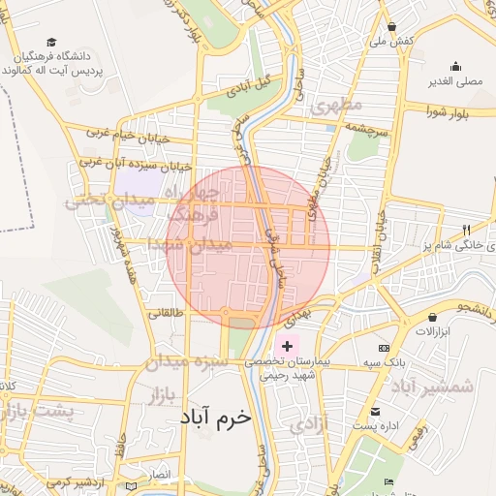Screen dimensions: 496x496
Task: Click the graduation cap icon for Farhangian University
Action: [x=50, y=43]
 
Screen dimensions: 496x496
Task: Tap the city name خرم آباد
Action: [x=215, y=417]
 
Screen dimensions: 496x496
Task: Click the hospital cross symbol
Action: [x=288, y=346]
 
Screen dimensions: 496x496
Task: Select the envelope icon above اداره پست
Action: [x=375, y=412]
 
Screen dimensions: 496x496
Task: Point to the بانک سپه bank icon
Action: [x=385, y=348]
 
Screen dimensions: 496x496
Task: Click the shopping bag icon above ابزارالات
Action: [x=431, y=317]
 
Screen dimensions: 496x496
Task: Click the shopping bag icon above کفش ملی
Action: [x=391, y=27]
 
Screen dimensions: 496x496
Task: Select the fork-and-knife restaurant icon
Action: [x=465, y=230]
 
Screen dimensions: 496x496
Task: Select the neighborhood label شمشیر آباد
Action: [x=433, y=387]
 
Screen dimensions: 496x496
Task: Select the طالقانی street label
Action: [x=164, y=313]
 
